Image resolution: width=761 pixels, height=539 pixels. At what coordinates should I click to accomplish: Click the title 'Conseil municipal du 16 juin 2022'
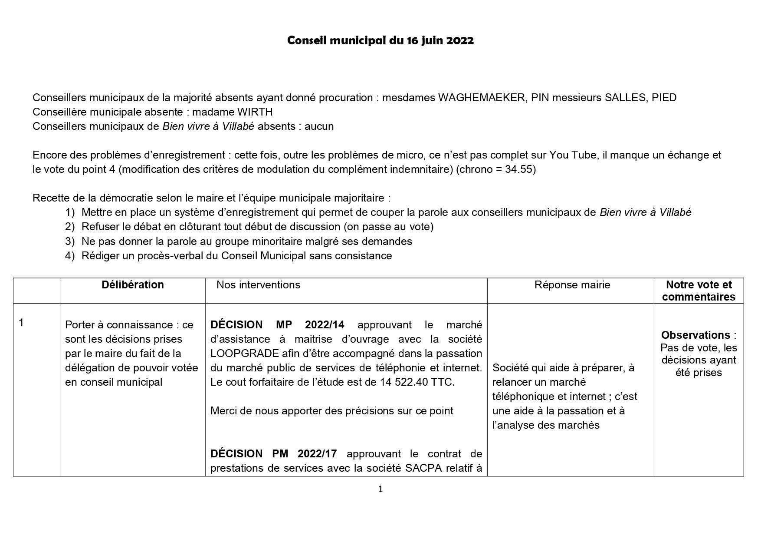380,41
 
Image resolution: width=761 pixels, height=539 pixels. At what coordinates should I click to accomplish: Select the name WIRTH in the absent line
255,112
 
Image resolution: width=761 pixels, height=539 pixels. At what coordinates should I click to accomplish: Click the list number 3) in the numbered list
70,241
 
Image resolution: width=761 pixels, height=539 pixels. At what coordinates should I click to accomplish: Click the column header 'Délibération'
133,285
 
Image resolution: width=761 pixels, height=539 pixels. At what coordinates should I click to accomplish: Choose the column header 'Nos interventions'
258,285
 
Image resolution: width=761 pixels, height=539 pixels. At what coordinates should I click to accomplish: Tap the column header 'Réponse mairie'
572,285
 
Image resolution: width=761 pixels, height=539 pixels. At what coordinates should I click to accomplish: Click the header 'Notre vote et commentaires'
699,291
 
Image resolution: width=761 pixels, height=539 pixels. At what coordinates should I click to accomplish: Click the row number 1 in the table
22,323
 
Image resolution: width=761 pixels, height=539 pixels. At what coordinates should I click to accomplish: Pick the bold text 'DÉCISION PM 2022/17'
273,454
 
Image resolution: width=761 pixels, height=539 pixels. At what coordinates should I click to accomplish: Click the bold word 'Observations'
695,335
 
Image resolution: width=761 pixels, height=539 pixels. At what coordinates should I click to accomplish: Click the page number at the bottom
380,489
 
